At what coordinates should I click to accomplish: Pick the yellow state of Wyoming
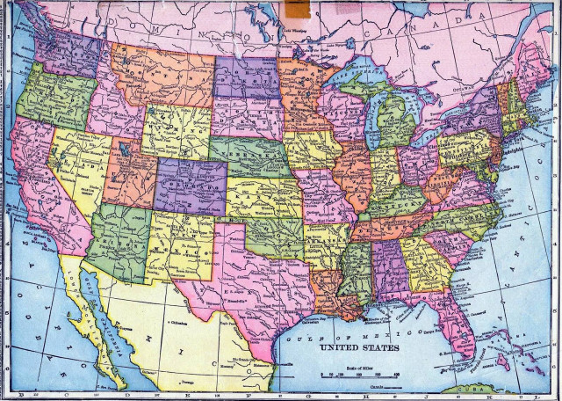click(177, 132)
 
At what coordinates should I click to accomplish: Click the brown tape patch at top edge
click(297, 9)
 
